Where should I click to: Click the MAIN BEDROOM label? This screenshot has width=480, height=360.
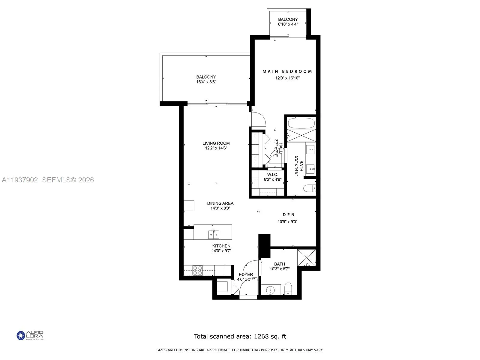(x=287, y=71)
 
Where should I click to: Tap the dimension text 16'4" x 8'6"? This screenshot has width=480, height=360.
(x=206, y=82)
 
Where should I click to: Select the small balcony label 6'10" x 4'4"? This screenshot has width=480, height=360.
(x=288, y=24)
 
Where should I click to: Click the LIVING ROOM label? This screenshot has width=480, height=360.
(x=216, y=143)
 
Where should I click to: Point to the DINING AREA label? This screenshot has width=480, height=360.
(x=220, y=203)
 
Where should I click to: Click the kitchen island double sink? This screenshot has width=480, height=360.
(x=214, y=234)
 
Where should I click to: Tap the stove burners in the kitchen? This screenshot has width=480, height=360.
(x=197, y=270)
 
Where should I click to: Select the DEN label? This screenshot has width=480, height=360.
(x=289, y=215)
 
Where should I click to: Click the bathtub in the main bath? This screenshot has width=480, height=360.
(x=301, y=123)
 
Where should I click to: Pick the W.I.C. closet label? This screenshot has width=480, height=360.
(x=273, y=175)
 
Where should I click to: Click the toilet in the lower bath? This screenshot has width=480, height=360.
(x=288, y=288)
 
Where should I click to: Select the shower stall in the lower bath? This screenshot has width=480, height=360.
(x=307, y=257)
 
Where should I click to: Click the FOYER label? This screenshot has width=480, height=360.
(x=246, y=274)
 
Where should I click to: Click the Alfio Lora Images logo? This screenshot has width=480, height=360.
(x=30, y=335)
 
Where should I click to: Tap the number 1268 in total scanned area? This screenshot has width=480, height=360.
(x=261, y=336)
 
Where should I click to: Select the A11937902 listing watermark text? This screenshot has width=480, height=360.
(x=20, y=180)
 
